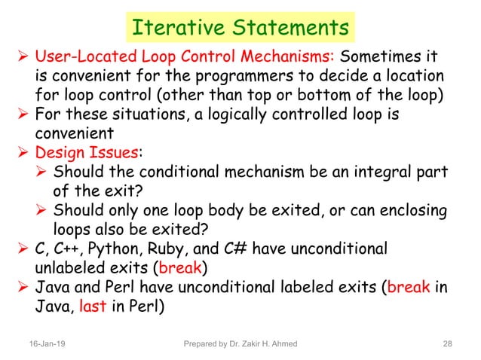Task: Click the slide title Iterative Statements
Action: coord(239,27)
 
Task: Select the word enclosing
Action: coord(403,210)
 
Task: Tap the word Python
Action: coord(115,249)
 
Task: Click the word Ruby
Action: coord(167,249)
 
